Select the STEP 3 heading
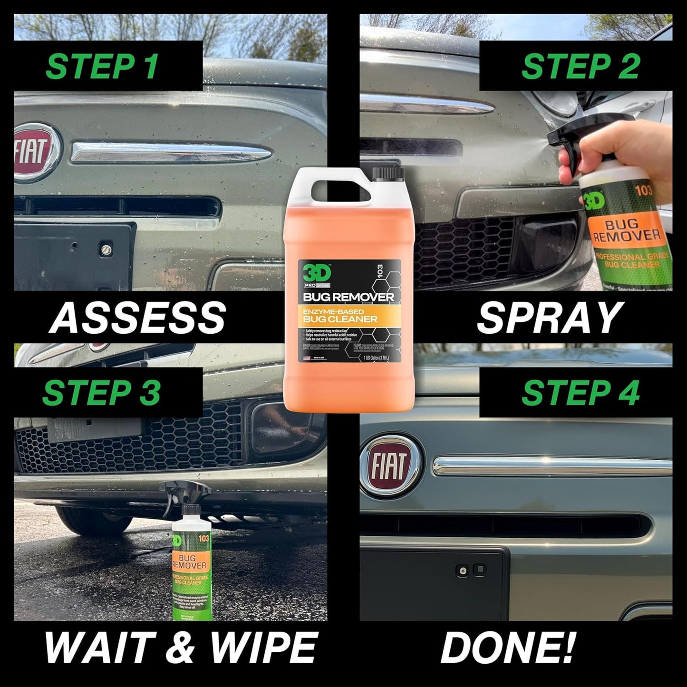[102, 393]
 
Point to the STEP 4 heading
[580, 393]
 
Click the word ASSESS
[138, 318]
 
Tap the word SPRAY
[550, 318]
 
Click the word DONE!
[508, 647]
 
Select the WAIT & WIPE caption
[181, 647]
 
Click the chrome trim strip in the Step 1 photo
[171, 152]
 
